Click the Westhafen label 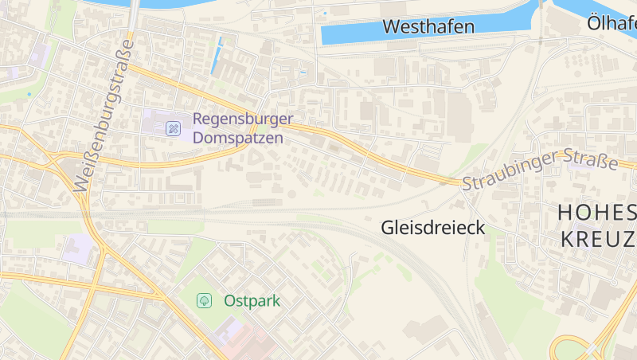(428, 26)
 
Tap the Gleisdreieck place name (433, 228)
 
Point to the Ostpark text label (252, 301)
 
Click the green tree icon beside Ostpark (205, 300)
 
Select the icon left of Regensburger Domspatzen (173, 128)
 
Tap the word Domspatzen (238, 137)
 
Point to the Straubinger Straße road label (541, 170)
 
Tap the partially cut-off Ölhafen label (612, 23)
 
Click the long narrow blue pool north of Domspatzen (217, 56)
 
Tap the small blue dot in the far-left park (29, 94)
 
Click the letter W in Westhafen (391, 26)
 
